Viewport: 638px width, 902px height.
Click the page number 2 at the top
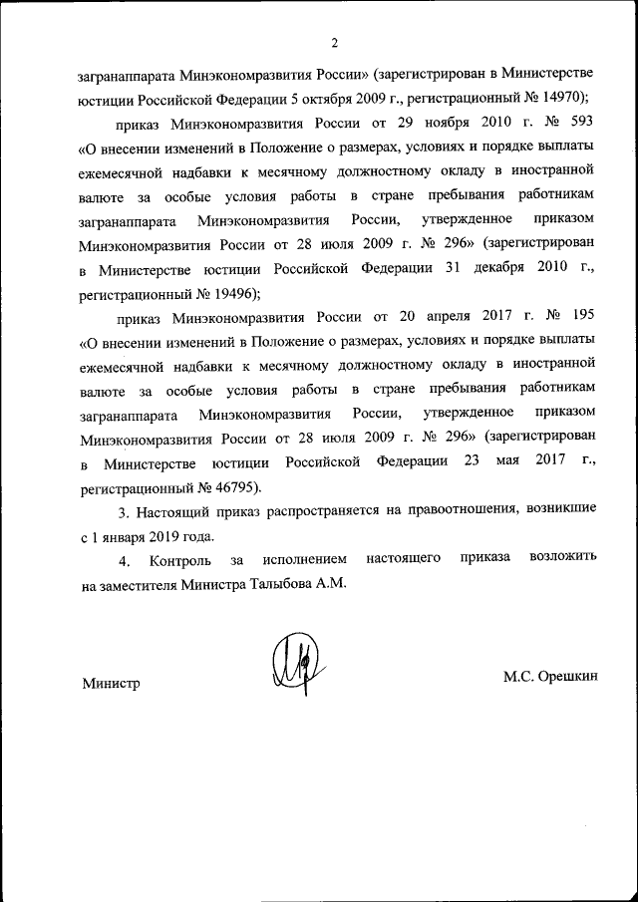coord(335,42)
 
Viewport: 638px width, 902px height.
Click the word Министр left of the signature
coord(110,682)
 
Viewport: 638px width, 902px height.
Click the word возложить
coord(564,560)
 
